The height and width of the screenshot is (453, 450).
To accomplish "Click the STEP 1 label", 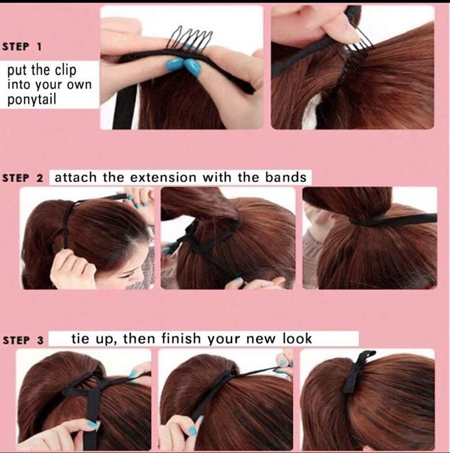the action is click(21, 47).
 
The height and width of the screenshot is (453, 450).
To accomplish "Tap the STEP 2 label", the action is click(23, 178).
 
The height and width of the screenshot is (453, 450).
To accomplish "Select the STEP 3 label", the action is click(23, 340).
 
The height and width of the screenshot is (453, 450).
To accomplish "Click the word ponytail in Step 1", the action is click(32, 100).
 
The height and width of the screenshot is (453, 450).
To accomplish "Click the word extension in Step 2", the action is click(163, 177).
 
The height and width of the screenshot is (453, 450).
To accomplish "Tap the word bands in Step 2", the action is click(286, 177).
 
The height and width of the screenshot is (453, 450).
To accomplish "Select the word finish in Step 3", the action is click(181, 338).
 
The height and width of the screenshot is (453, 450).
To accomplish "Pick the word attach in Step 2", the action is click(75, 177).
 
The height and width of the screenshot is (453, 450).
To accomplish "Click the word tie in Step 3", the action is click(80, 338).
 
